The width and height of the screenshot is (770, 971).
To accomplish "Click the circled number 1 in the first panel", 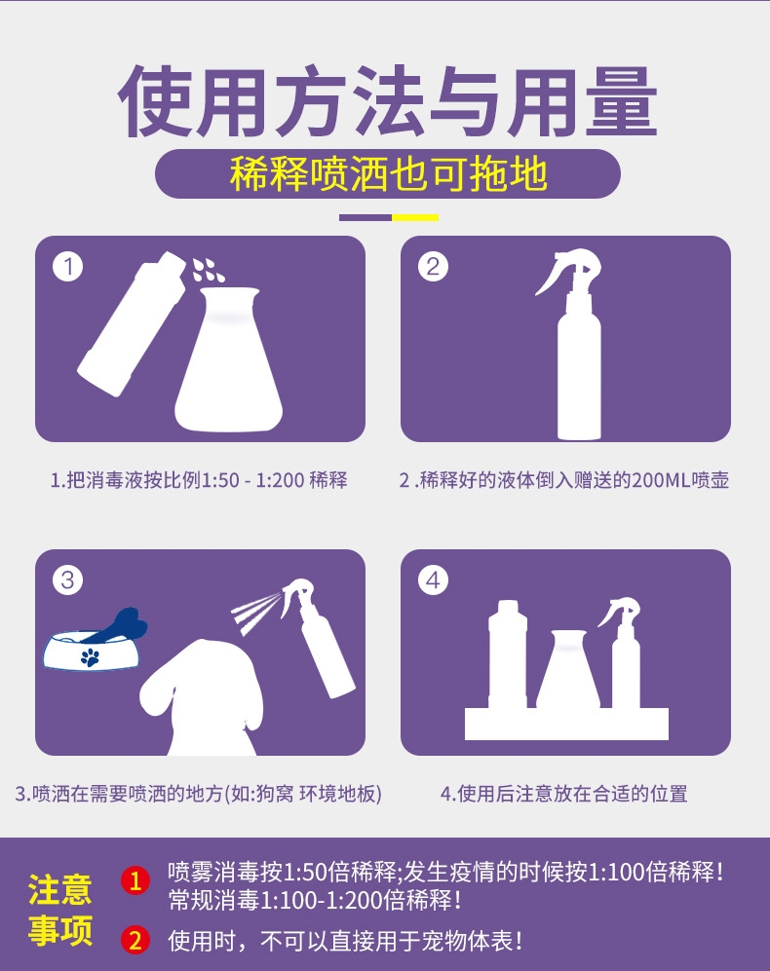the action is click(x=68, y=267).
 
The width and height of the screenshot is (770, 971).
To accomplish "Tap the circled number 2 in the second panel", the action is click(x=433, y=267).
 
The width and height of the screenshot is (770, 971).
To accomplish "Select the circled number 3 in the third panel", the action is click(x=68, y=580).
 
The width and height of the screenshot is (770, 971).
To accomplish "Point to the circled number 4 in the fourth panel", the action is click(x=433, y=580).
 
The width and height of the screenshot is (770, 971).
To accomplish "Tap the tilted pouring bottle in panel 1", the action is click(x=132, y=323).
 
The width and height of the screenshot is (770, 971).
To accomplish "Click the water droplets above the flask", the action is click(x=207, y=270).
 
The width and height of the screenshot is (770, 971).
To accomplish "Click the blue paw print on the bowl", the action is click(x=90, y=657).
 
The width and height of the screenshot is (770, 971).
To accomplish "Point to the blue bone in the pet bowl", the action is click(x=118, y=626).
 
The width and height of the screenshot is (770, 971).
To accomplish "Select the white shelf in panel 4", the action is click(x=566, y=724).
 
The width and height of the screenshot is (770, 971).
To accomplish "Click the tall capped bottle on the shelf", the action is click(x=507, y=654).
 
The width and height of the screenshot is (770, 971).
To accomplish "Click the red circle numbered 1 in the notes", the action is click(x=135, y=880).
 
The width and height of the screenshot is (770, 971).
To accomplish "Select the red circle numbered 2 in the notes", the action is click(x=135, y=940).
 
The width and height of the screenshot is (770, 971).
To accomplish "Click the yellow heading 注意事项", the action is click(x=60, y=909).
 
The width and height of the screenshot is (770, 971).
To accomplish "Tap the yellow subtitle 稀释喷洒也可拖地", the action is click(x=388, y=174).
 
